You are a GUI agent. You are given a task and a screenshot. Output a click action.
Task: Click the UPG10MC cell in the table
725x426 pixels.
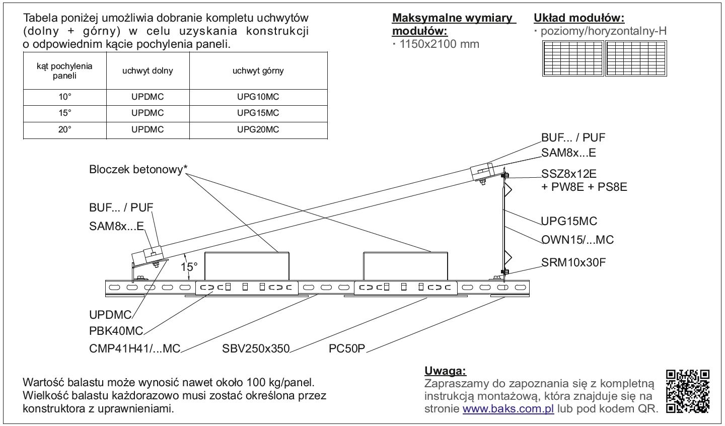click(258, 97)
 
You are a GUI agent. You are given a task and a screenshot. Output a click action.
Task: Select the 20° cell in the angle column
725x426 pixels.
click(65, 129)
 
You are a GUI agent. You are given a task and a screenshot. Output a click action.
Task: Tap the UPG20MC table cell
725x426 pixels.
click(258, 129)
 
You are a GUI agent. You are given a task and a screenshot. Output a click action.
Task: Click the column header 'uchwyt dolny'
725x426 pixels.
click(148, 71)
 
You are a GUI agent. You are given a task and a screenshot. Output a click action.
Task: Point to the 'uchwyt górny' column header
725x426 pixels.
click(258, 71)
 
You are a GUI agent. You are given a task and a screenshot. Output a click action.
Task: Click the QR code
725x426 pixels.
click(688, 392)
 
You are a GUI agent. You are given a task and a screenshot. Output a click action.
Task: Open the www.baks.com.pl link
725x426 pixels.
click(508, 408)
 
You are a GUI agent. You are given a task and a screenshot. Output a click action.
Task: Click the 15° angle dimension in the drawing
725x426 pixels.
click(189, 267)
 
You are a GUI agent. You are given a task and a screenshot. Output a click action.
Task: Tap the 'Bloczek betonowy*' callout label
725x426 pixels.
click(138, 169)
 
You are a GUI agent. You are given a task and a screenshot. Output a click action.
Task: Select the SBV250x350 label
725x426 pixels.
click(256, 348)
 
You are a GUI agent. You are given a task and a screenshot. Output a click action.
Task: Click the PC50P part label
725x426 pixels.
click(347, 348)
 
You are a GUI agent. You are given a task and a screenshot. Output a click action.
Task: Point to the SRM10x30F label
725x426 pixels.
click(573, 262)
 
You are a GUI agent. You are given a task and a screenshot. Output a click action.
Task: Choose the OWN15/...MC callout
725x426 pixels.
click(577, 240)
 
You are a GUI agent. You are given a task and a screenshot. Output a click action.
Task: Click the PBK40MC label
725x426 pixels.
click(116, 331)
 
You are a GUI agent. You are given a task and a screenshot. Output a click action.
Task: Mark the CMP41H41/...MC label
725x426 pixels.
click(134, 348)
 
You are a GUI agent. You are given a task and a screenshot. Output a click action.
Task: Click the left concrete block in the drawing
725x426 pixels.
click(247, 266)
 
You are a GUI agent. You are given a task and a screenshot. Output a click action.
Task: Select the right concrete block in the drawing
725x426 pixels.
click(406, 266)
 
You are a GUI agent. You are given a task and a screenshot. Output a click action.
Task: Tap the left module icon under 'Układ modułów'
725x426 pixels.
click(573, 58)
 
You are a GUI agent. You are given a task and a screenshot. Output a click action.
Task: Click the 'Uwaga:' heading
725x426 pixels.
click(446, 371)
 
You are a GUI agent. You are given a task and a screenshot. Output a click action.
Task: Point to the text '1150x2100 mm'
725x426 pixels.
click(440, 44)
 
